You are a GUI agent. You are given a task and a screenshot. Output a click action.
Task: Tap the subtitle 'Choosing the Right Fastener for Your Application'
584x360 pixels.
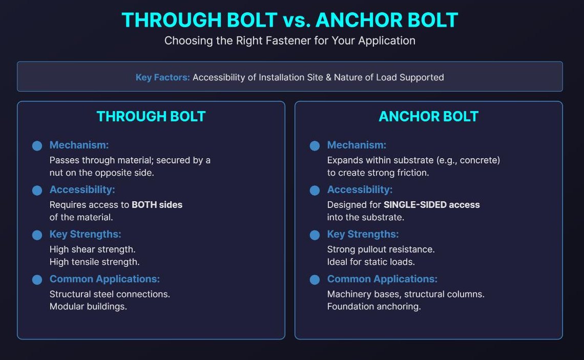pos(289,40)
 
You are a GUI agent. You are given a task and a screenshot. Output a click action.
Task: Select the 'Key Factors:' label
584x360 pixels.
pos(162,77)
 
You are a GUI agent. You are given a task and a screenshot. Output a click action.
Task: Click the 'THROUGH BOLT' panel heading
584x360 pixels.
pos(151,117)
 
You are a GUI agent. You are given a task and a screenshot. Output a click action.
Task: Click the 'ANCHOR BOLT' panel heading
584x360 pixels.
pos(428,117)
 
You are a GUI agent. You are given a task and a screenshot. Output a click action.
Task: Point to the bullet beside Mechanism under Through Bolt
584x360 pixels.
pos(37,146)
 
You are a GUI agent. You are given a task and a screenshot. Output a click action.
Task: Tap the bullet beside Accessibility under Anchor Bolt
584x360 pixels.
pos(315,190)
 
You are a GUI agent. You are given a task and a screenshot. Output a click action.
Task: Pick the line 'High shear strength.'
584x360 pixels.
pos(92,249)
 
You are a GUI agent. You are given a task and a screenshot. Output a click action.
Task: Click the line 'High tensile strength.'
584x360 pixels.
pos(94,262)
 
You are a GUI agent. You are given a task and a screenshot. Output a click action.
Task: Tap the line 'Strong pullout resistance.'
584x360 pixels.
pos(381,249)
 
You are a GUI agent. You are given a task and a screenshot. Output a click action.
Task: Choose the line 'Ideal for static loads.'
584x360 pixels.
pos(371,262)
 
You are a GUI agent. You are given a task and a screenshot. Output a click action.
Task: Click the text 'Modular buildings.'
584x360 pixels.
pos(88,307)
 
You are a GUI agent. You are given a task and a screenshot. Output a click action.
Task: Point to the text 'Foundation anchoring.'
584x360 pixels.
pos(374,307)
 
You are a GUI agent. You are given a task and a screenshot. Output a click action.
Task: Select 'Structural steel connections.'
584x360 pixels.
pos(110,294)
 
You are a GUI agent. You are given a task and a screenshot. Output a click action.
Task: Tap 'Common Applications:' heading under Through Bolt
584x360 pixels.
pos(105,279)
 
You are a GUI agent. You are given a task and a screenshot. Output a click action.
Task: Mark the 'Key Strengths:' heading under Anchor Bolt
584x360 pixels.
pos(363,235)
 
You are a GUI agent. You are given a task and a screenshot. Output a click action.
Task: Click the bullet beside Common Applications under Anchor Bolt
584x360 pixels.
pos(315,280)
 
